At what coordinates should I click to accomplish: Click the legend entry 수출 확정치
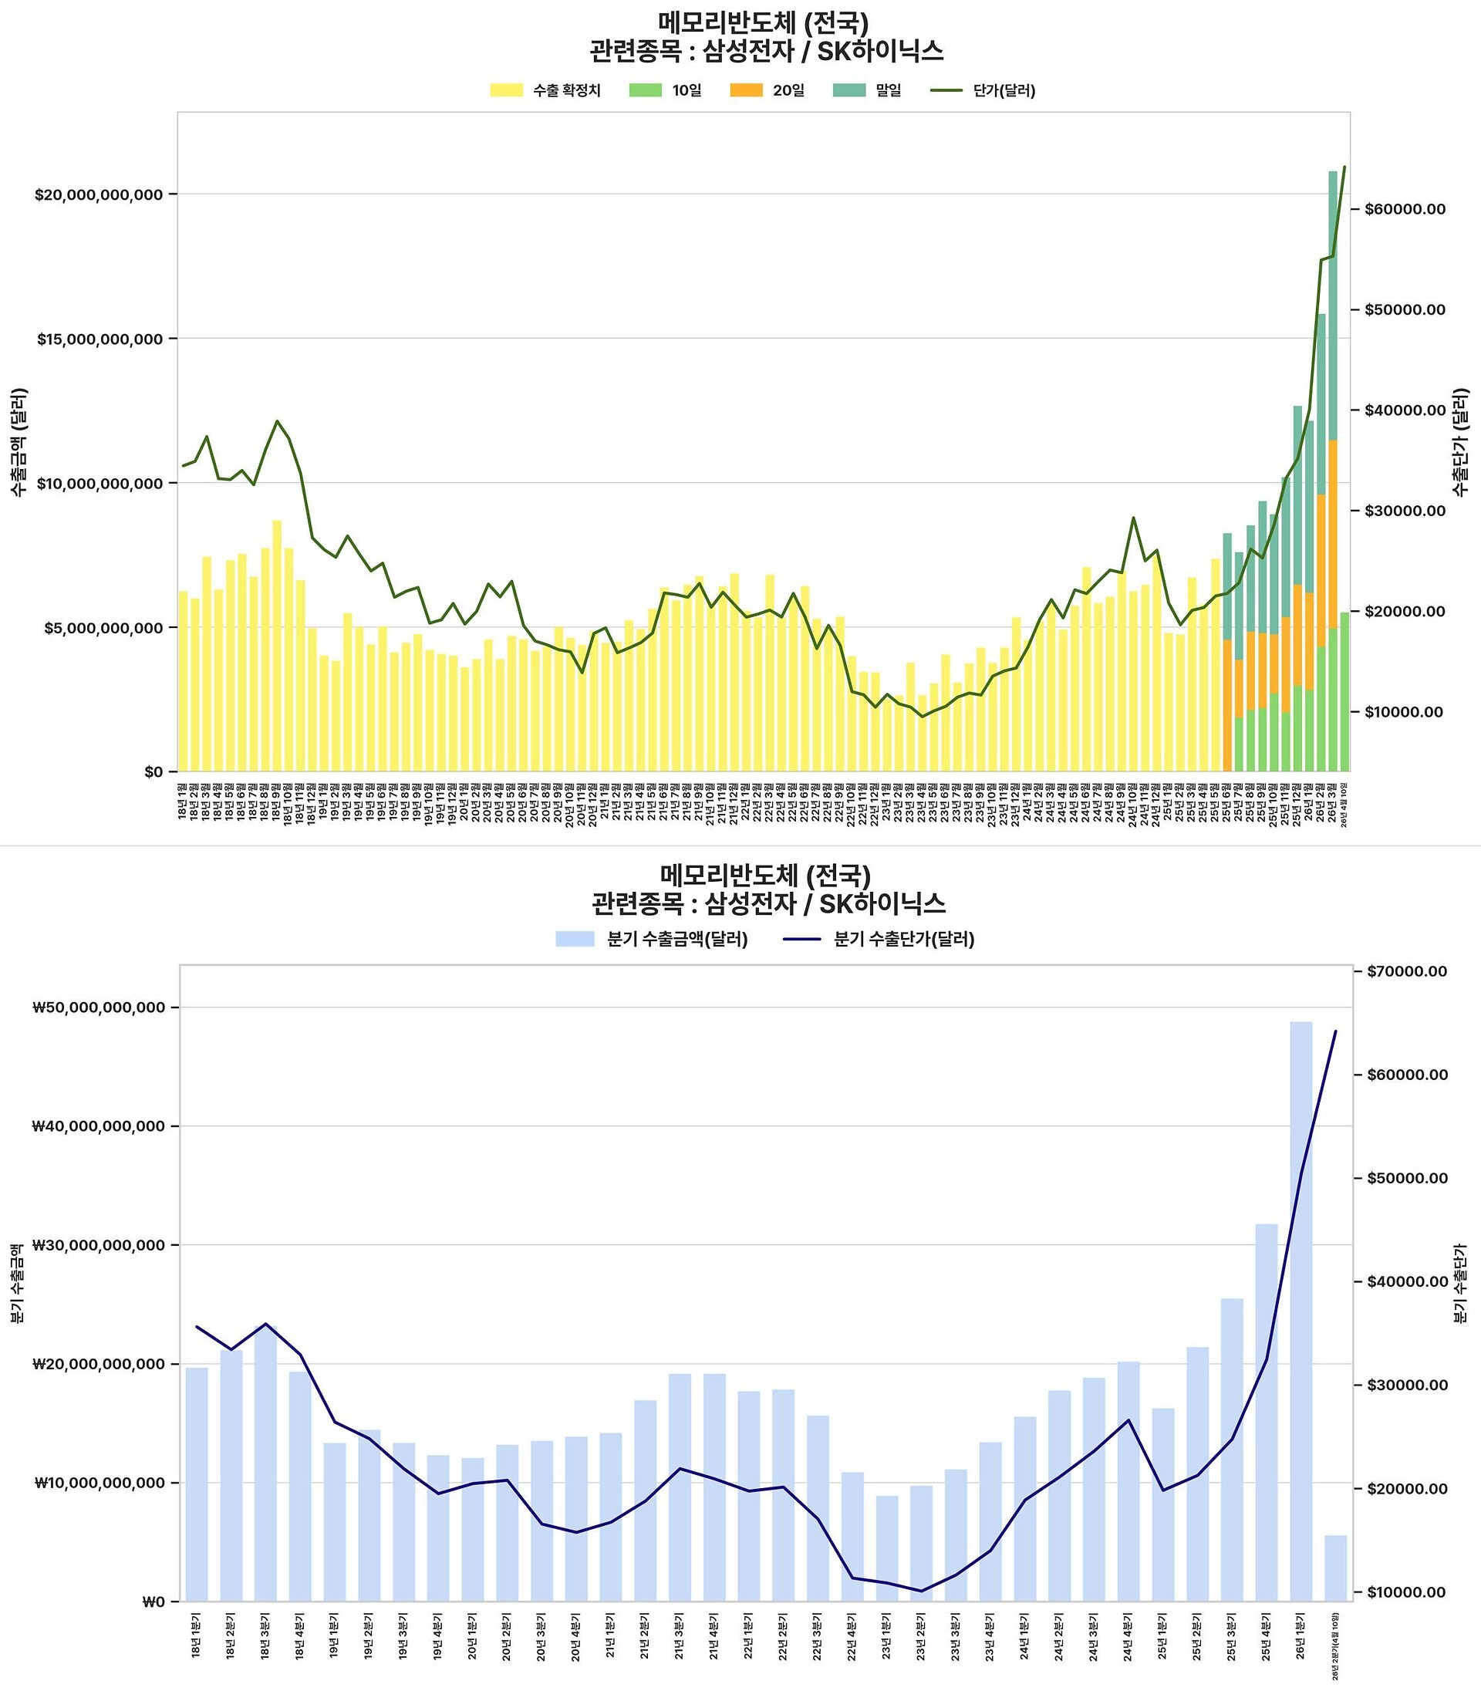545,90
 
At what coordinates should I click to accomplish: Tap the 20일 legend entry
767,90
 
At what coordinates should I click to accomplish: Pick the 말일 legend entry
867,90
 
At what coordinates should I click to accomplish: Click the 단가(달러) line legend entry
983,90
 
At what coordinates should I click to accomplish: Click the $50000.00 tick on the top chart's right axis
1405,310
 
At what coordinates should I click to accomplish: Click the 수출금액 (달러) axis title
19,442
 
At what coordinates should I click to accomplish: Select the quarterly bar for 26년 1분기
1301,1313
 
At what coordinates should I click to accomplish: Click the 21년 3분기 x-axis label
680,1635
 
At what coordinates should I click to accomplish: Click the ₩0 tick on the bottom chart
154,1602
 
